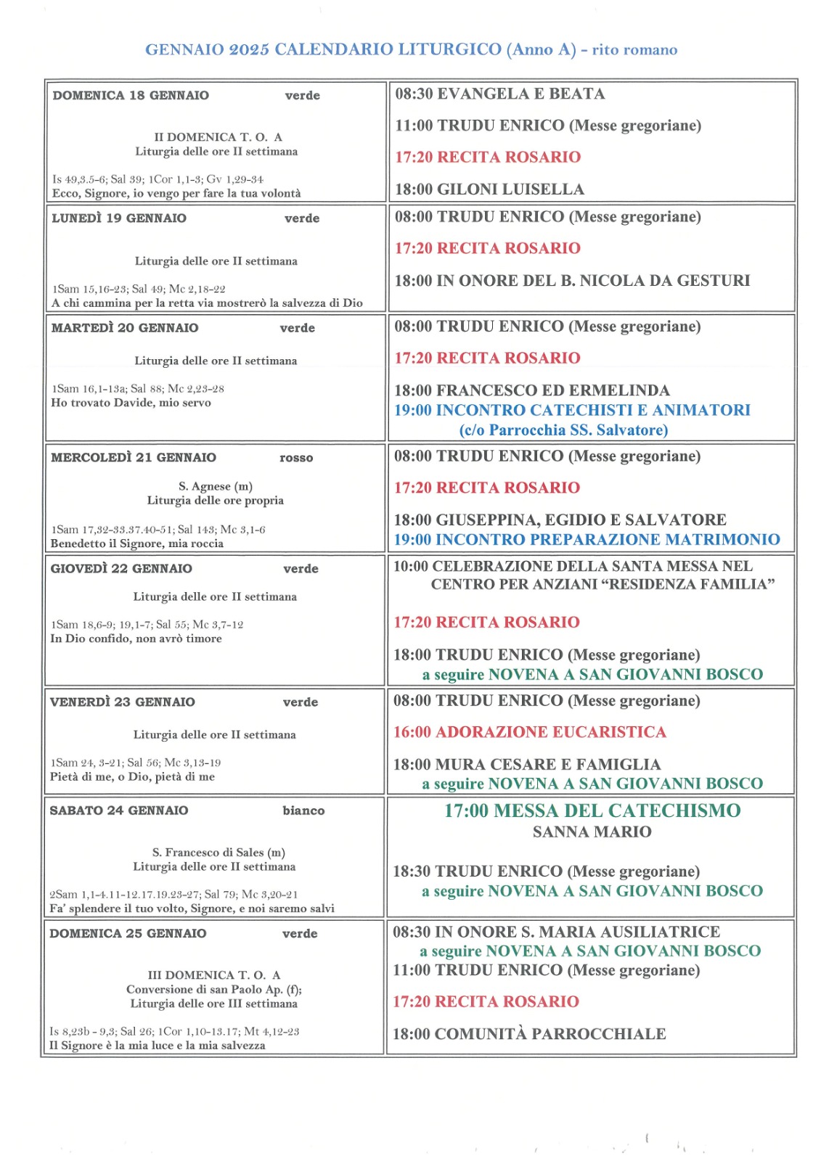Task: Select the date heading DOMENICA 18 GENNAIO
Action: [131, 95]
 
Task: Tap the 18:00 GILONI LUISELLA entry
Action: [489, 189]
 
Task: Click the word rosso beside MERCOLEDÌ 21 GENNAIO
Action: [296, 458]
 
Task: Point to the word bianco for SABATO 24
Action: [303, 811]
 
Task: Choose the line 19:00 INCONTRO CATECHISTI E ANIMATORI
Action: [572, 410]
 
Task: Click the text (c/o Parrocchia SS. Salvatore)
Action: [563, 430]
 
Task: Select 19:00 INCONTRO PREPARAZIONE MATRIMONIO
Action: [587, 539]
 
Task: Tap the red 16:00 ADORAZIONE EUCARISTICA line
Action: [530, 732]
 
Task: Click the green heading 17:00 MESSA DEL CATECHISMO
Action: [592, 811]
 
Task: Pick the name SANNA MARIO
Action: [592, 832]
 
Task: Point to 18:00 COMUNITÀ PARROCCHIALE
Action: [529, 1034]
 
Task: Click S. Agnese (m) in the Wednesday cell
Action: [216, 486]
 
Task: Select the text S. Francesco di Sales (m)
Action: [218, 853]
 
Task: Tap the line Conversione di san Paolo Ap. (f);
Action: [214, 989]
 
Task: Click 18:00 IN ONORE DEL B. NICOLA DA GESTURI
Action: [572, 281]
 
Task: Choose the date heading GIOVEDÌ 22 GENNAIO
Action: [121, 569]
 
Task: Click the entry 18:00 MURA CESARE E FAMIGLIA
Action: [527, 764]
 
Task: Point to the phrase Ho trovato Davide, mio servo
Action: [131, 403]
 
